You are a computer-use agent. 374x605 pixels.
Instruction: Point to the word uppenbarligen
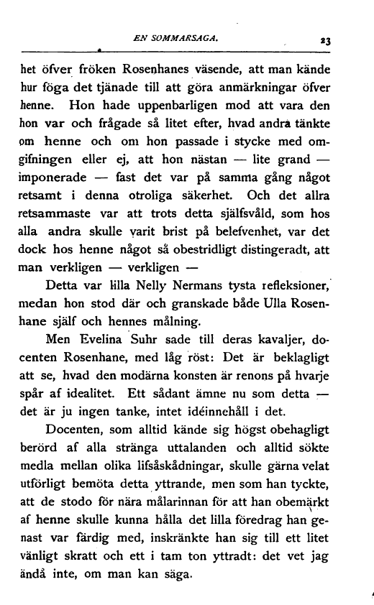(168, 110)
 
